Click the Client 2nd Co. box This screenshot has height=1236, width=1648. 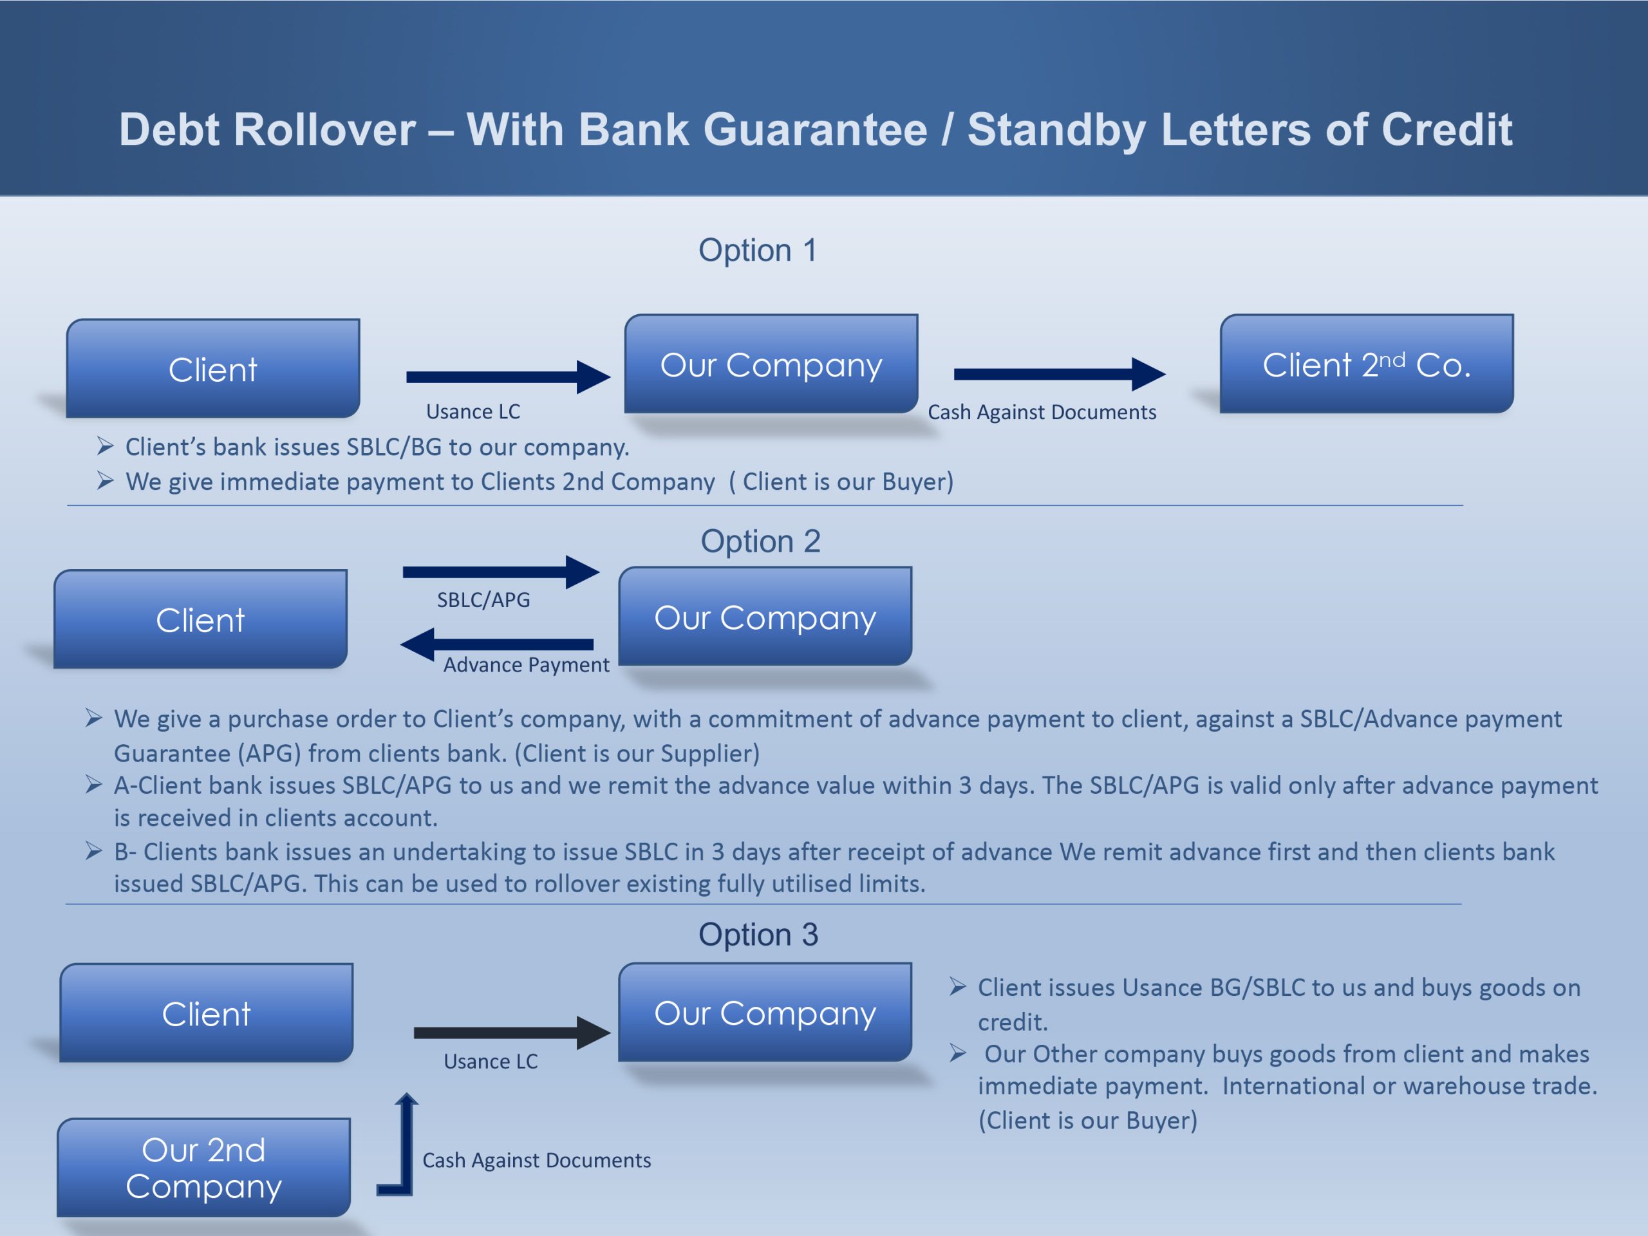1367,364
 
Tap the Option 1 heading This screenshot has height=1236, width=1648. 758,250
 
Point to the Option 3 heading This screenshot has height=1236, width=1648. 758,934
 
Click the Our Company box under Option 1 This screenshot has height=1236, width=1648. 771,364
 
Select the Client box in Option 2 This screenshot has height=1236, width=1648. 200,619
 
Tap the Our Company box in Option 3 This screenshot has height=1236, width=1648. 765,1013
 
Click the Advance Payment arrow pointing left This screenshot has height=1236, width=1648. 497,644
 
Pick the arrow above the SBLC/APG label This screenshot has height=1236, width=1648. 501,572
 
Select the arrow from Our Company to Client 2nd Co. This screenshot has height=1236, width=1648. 1060,374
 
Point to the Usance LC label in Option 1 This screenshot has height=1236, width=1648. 473,411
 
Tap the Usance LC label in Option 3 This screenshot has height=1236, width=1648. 491,1061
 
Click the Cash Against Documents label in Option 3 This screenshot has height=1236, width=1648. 536,1160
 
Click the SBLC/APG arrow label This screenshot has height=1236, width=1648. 483,600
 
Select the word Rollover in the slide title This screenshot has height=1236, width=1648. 325,129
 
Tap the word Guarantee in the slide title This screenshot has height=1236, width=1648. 815,129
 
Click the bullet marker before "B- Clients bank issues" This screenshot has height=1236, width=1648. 94,851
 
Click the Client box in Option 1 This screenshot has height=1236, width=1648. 213,368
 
